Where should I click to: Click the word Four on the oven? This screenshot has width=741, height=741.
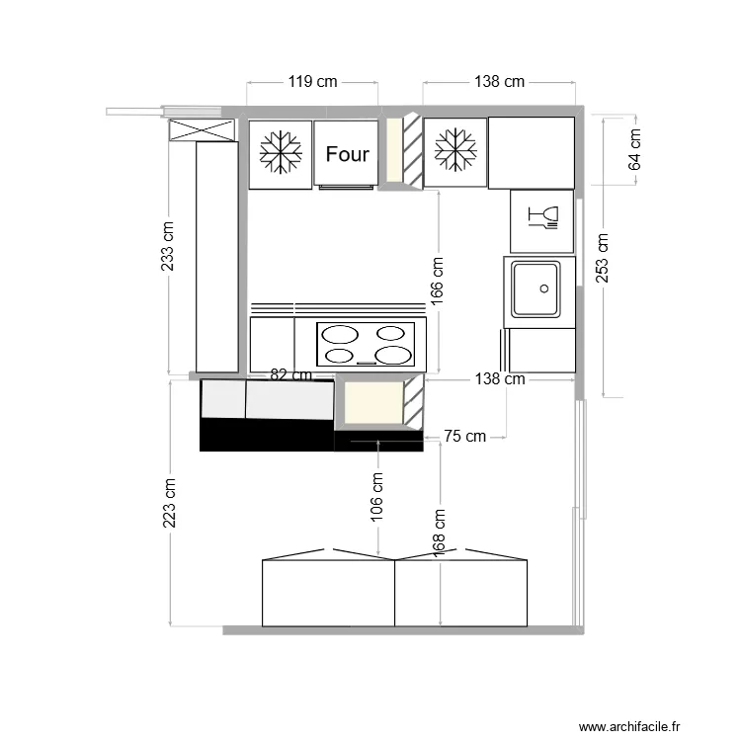(348, 154)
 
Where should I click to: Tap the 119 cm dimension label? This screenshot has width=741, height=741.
(313, 82)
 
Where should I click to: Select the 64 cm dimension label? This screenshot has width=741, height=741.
(634, 149)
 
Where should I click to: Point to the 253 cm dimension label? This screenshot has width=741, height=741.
(602, 258)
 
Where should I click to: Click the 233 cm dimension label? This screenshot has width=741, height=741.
(168, 246)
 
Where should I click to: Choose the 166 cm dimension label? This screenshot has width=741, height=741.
(437, 281)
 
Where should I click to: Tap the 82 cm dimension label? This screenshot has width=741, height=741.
(291, 375)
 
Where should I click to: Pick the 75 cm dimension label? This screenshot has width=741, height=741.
(465, 436)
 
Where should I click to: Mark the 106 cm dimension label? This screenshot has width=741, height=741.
(376, 497)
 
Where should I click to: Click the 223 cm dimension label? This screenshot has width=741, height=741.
(169, 503)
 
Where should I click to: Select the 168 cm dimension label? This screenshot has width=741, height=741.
(439, 533)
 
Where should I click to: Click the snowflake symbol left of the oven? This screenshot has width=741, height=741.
(281, 152)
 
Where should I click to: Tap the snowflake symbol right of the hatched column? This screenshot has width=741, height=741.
(455, 149)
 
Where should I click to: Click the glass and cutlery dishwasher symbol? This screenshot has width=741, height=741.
(543, 217)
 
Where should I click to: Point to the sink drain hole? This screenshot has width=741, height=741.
(544, 288)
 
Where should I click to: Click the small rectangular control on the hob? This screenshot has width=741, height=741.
(367, 363)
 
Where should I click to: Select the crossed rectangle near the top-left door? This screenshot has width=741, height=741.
(202, 130)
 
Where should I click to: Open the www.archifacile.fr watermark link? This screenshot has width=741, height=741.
(629, 726)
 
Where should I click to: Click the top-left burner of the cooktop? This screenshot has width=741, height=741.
(340, 335)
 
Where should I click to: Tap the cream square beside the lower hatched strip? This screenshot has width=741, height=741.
(373, 403)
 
